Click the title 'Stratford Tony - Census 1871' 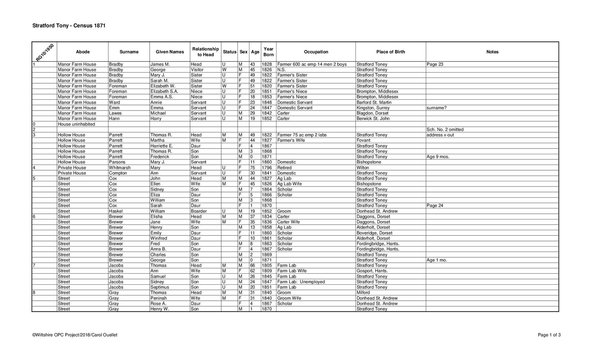(x=69, y=26)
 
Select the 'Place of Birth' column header (x=390, y=52)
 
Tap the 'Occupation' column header (x=316, y=52)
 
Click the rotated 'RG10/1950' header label (x=45, y=52)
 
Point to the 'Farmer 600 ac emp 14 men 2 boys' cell (x=312, y=65)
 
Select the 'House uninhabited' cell (x=76, y=124)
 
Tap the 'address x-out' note (x=440, y=135)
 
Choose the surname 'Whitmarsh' (x=120, y=168)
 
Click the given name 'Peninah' (x=159, y=298)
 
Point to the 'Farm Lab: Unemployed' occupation (x=301, y=282)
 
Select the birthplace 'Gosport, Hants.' (x=372, y=271)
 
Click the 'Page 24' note (x=435, y=206)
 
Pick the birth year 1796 (x=266, y=168)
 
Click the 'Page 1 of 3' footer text (x=549, y=335)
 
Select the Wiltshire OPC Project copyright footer (x=75, y=335)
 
